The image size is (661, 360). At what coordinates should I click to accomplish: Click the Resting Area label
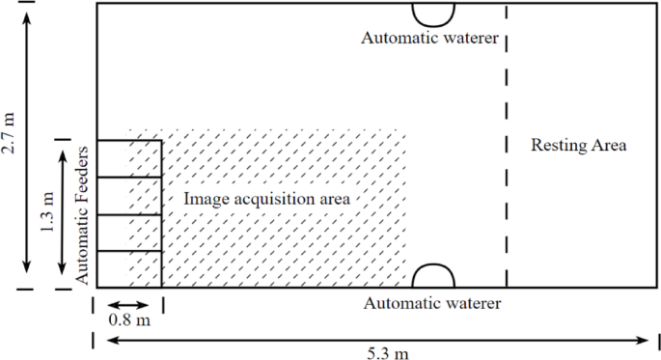pyautogui.click(x=579, y=146)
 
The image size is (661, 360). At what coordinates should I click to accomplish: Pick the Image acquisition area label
pyautogui.click(x=266, y=199)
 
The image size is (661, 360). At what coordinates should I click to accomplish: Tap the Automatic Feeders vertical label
pyautogui.click(x=83, y=214)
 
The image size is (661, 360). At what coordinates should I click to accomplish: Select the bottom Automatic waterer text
pyautogui.click(x=432, y=303)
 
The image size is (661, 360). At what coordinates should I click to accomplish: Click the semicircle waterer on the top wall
pyautogui.click(x=433, y=14)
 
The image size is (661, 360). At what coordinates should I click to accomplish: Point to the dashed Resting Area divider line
pyautogui.click(x=507, y=145)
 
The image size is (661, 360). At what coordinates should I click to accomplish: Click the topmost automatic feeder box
pyautogui.click(x=129, y=159)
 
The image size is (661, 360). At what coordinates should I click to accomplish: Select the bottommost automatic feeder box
pyautogui.click(x=129, y=269)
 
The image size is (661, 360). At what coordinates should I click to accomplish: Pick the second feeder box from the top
pyautogui.click(x=129, y=196)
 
